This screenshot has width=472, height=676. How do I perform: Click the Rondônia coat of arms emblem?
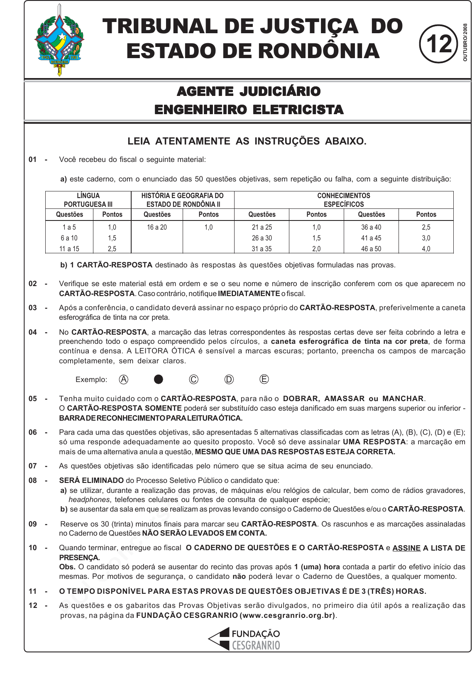(x=59, y=41)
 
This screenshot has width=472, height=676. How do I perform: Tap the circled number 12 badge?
(x=438, y=44)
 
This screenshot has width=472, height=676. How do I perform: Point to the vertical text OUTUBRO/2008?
(x=465, y=42)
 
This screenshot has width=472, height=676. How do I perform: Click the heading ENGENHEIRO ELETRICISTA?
(x=249, y=110)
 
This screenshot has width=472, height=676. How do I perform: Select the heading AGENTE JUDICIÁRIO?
(x=249, y=91)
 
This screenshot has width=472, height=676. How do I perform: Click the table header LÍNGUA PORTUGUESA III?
(x=88, y=200)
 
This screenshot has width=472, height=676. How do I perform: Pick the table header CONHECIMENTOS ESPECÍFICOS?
(x=344, y=200)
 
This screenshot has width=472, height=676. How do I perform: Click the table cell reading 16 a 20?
(x=157, y=227)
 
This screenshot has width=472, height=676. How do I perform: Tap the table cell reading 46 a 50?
(x=371, y=249)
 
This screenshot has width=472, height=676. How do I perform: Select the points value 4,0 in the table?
(x=426, y=249)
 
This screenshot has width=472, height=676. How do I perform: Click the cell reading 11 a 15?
(x=69, y=249)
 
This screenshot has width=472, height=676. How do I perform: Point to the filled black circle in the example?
(x=159, y=379)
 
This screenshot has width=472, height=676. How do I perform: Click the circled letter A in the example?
(x=124, y=379)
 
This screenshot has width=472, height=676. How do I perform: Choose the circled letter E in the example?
(x=264, y=379)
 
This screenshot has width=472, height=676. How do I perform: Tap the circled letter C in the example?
(x=193, y=379)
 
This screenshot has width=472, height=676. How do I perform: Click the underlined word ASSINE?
(x=406, y=548)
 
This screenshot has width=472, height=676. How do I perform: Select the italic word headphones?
(x=89, y=500)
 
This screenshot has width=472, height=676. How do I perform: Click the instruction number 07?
(x=33, y=466)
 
